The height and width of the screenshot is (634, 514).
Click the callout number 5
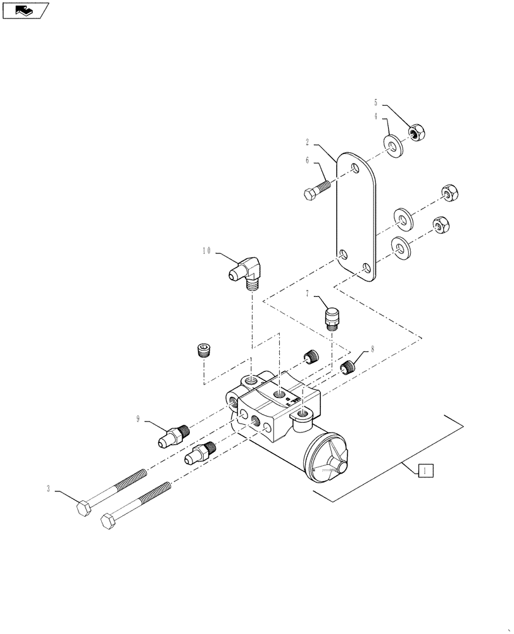pyautogui.click(x=375, y=102)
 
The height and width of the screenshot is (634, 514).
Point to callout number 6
pyautogui.click(x=308, y=161)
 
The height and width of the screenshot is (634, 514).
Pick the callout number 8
pyautogui.click(x=372, y=349)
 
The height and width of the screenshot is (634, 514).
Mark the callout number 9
pyautogui.click(x=137, y=418)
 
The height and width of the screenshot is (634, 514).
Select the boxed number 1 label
pyautogui.click(x=426, y=470)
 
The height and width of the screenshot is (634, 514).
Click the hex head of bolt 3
pyautogui.click(x=84, y=508)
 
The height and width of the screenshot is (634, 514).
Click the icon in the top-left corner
pyautogui.click(x=25, y=10)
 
